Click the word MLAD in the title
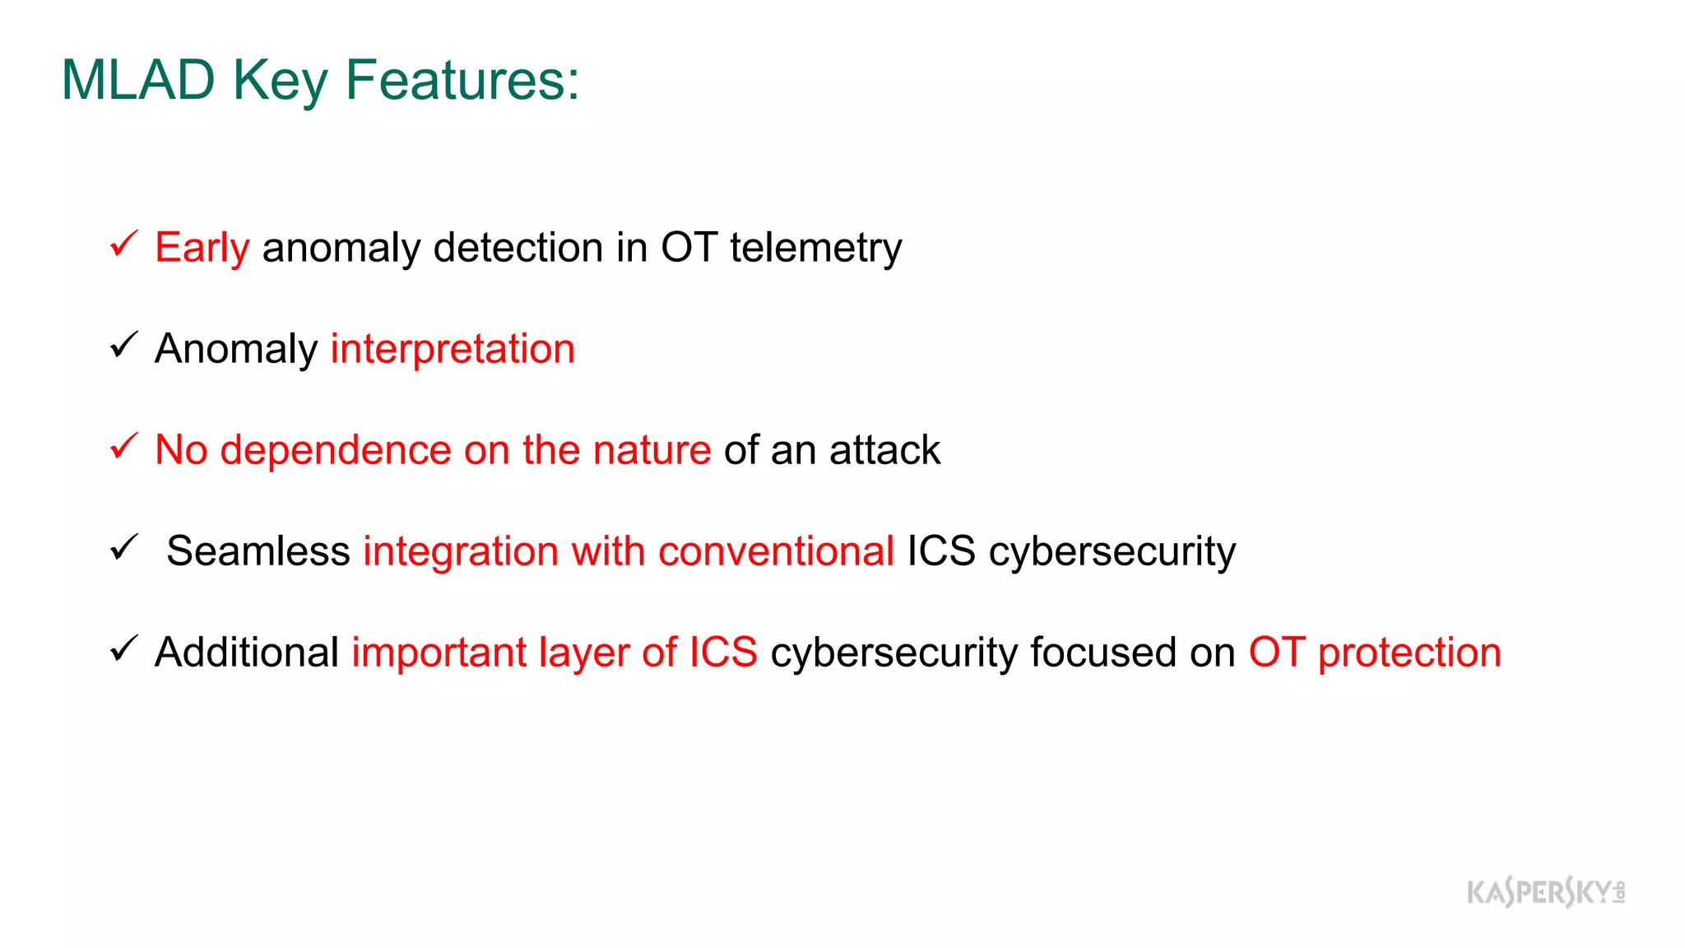click(x=137, y=81)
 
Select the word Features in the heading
click(x=462, y=81)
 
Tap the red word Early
click(x=202, y=248)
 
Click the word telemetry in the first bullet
click(x=815, y=248)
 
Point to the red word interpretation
click(x=453, y=349)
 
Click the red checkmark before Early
click(x=124, y=244)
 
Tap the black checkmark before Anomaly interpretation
click(x=124, y=345)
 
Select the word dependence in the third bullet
click(x=336, y=450)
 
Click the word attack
click(x=884, y=450)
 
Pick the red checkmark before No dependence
click(x=124, y=446)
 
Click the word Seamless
click(x=258, y=551)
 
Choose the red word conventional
click(x=776, y=551)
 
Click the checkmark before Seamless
click(x=124, y=547)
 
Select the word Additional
click(x=247, y=653)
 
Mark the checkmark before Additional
click(x=124, y=648)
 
